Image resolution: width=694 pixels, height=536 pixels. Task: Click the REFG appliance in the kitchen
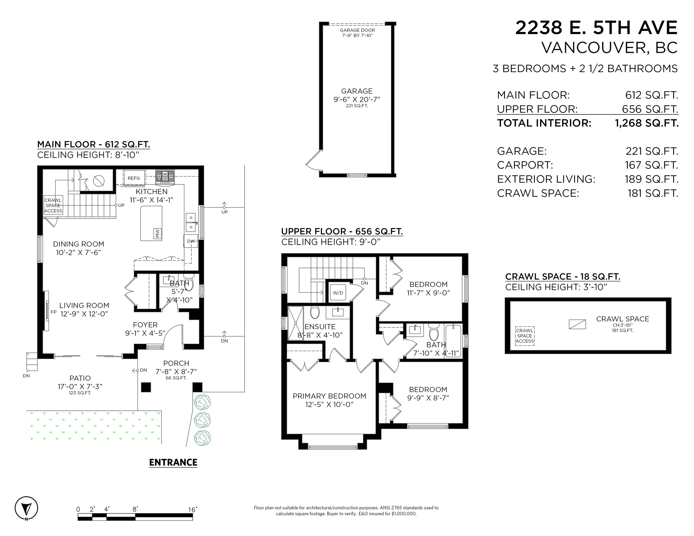click(x=134, y=178)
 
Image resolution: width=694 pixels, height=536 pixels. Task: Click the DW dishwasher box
click(x=191, y=241)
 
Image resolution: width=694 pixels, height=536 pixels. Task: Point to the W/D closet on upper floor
click(x=338, y=293)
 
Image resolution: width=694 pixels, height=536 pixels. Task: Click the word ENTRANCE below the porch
click(x=173, y=462)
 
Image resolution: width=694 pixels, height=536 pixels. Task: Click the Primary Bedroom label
click(x=329, y=396)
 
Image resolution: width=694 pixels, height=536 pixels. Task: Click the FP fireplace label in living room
click(x=54, y=312)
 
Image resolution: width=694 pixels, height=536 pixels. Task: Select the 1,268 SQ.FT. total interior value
click(x=647, y=123)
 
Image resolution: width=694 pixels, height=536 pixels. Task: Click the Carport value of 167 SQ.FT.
click(x=651, y=165)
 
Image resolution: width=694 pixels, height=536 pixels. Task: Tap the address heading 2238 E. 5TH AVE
click(x=596, y=28)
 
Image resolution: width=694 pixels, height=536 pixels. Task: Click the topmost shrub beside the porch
click(x=202, y=402)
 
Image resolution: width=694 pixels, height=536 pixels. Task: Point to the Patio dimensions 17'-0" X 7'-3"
click(x=80, y=386)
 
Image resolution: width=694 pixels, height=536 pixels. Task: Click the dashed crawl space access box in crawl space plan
click(x=525, y=336)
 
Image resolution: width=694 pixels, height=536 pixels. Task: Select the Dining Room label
click(x=78, y=244)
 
